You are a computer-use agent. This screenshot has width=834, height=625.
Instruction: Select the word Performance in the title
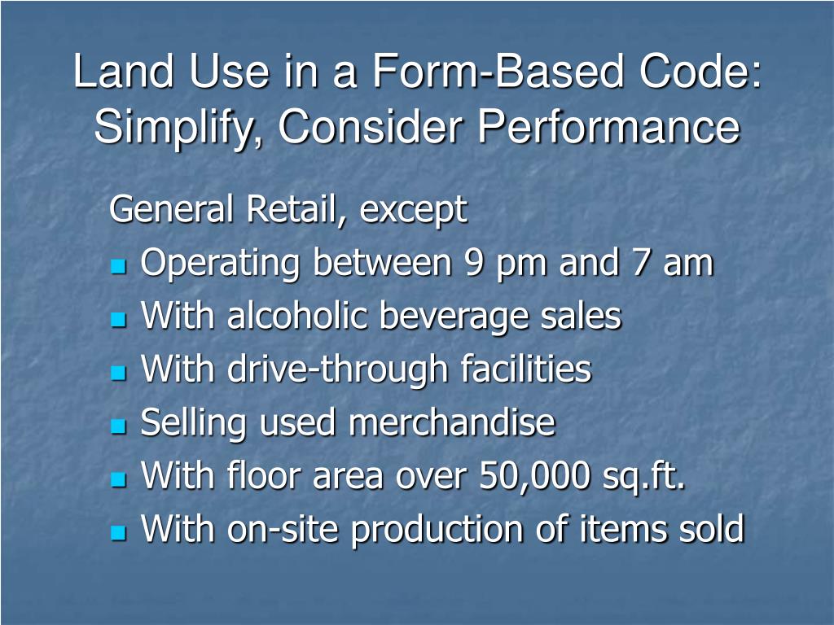[x=608, y=128]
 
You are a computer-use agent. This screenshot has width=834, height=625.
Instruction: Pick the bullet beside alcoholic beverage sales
[x=119, y=320]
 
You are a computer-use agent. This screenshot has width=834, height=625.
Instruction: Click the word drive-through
[x=338, y=370]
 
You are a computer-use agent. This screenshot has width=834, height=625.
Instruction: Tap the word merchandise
[x=452, y=423]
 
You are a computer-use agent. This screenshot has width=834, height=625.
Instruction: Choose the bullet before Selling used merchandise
[x=119, y=426]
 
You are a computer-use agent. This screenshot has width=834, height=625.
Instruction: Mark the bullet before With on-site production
[x=119, y=532]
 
